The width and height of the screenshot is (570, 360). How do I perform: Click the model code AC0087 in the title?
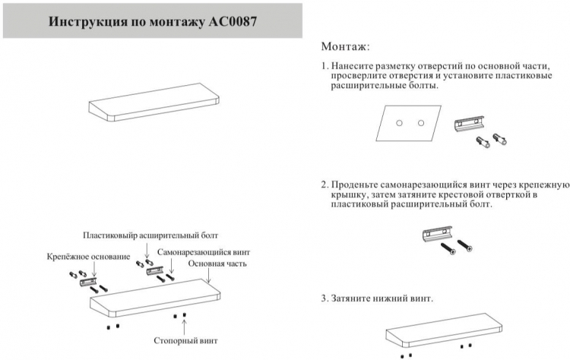pos(233,21)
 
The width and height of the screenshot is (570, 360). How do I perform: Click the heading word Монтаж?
pos(345,46)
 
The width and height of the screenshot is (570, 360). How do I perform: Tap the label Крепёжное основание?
pos(88,257)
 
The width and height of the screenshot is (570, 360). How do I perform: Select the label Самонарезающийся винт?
pos(204,252)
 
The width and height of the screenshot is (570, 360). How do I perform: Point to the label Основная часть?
pos(217,264)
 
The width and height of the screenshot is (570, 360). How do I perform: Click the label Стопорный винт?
pos(185,341)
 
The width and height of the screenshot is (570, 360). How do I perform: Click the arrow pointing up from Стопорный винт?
pos(185,327)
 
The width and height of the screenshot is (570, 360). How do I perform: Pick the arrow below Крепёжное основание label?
pos(93,270)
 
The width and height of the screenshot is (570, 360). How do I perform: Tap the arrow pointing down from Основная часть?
pos(208,276)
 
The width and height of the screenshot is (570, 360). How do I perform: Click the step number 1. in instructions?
pos(325,66)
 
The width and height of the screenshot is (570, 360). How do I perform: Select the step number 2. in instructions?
pos(325,185)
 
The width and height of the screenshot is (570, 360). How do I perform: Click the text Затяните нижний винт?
pos(382,298)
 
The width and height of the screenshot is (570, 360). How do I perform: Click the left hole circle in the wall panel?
pos(399,123)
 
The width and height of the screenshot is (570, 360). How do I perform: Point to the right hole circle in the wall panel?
pos(421,123)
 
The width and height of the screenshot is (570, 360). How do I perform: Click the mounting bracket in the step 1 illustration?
pos(470,124)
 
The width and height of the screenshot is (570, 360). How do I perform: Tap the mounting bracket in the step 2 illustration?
pos(437,234)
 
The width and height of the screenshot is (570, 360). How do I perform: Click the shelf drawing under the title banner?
pos(154,102)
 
